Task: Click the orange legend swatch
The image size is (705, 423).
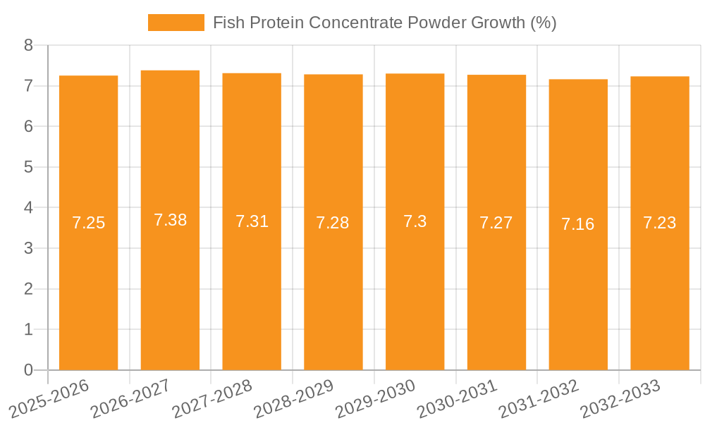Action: (176, 23)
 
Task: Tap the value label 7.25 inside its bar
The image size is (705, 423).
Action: (88, 223)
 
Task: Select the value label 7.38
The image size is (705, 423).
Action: (170, 220)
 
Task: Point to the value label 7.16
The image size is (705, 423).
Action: (578, 225)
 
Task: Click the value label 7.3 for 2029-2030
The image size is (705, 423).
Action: (415, 222)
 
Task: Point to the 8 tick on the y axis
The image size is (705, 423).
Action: (28, 46)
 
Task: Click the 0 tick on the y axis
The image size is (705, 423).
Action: (28, 370)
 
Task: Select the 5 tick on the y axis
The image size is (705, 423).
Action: (28, 168)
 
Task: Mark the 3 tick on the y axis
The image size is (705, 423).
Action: (28, 249)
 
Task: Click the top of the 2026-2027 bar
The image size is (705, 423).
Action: (170, 71)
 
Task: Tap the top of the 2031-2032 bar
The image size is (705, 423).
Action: (578, 80)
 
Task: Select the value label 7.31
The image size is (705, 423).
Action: (252, 222)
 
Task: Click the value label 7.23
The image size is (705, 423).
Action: (659, 223)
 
